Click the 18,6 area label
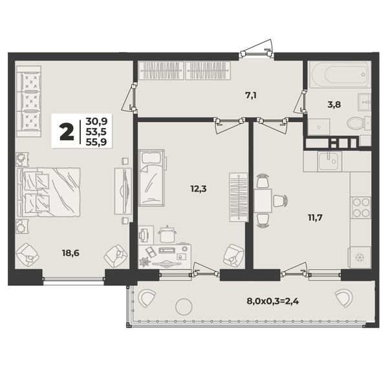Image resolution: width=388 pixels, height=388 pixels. tap(70, 253)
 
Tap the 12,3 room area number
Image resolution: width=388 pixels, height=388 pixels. tap(199, 189)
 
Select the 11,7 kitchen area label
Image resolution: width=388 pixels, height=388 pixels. tap(315, 218)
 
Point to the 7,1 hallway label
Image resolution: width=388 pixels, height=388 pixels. tap(251, 95)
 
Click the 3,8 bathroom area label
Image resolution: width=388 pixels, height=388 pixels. tap(334, 104)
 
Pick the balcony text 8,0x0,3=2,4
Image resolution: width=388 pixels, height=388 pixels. tap(273, 301)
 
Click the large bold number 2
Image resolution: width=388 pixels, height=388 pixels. tap(67, 132)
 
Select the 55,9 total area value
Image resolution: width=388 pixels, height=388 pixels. tap(96, 142)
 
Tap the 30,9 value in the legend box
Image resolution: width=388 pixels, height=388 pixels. tap(96, 122)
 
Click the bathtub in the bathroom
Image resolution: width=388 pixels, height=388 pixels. tap(340, 74)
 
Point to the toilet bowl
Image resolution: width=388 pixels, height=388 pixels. tap(356, 123)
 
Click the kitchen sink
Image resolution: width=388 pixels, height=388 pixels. tap(330, 161)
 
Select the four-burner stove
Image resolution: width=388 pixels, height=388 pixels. tap(361, 208)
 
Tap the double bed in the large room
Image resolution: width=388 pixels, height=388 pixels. tap(48, 192)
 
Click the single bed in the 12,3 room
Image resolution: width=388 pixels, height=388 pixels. tap(151, 178)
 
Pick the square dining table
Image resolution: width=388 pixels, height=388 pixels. tap(263, 200)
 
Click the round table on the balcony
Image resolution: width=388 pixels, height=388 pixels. tap(184, 307)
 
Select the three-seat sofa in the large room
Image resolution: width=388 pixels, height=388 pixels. tap(28, 102)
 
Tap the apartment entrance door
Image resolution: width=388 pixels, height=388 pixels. tap(257, 53)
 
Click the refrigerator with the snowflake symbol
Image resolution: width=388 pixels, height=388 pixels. tap(360, 257)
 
